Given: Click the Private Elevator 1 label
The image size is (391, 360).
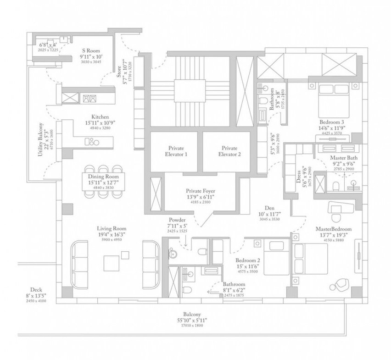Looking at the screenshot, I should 173,151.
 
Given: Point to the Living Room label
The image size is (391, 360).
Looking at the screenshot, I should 112,228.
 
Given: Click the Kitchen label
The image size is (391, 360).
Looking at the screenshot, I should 100,117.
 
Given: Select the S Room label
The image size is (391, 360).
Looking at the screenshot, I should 91,51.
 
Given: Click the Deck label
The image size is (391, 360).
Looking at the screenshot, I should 36,289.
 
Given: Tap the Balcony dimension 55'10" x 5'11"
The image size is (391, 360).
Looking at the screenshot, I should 190,321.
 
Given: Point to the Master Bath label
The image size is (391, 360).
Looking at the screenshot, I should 344,158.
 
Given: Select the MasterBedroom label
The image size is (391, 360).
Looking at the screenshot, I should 333,229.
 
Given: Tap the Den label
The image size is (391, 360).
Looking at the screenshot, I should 263,208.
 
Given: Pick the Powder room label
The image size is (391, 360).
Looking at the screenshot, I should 177,220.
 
